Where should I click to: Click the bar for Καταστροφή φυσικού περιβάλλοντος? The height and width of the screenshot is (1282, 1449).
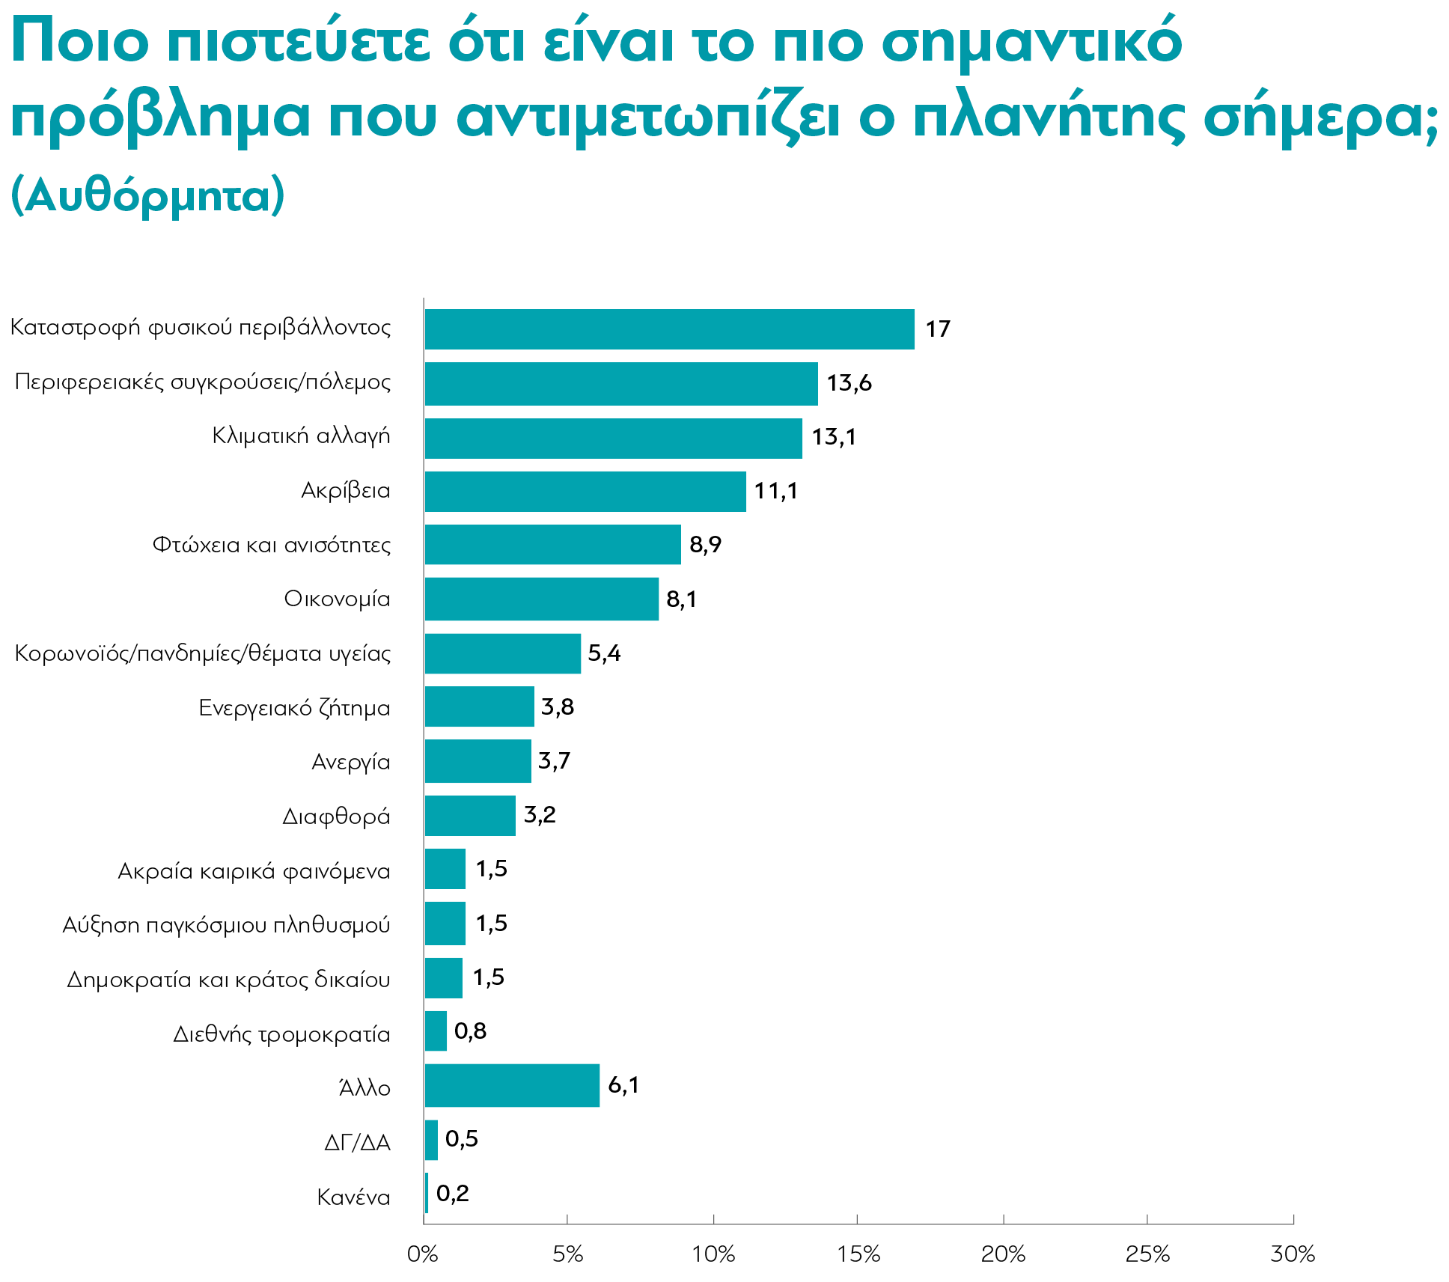coord(668,329)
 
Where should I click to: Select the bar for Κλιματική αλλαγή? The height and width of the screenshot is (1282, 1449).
coord(612,439)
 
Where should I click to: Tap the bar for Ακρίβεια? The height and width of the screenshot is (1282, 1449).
coord(585,492)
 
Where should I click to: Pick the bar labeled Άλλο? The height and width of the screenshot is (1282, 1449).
coord(511,1085)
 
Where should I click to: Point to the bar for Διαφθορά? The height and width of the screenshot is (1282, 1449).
coord(469,816)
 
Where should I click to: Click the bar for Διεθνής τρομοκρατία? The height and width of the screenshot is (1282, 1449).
coord(435,1031)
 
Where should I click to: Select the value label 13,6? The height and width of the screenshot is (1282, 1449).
coord(849,383)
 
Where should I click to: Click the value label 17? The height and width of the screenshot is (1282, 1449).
coord(937,329)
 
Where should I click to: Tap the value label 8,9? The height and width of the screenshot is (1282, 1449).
coord(705,545)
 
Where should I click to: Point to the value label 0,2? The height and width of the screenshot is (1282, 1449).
coord(452,1193)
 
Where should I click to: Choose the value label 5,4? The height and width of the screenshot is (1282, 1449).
coord(604,653)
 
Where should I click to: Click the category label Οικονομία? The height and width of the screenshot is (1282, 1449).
coord(337,599)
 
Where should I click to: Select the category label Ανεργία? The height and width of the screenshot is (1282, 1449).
coord(350,762)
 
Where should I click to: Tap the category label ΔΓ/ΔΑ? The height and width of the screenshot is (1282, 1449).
coord(357,1143)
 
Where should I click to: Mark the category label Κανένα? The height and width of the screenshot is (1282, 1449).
coord(353,1197)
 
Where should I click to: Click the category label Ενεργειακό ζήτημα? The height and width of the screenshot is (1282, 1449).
coord(294,708)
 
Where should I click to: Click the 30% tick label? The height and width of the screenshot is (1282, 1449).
coord(1293,1255)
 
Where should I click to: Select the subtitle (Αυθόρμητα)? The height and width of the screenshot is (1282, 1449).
coord(148,196)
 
